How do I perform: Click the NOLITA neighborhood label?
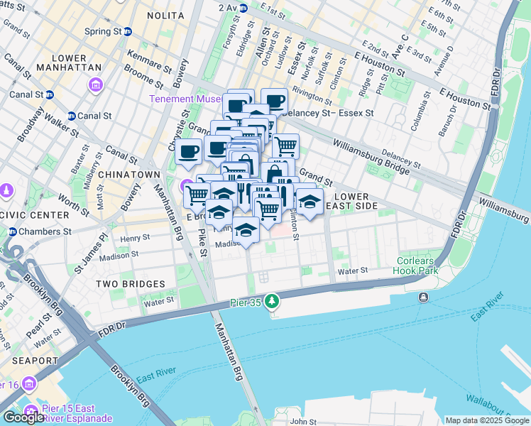[x=164, y=15]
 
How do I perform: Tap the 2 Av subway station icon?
[x=243, y=9]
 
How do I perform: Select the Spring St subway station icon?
[x=128, y=31]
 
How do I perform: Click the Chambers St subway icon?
[x=12, y=231]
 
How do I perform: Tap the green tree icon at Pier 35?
[x=271, y=303]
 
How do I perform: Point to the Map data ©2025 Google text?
[x=487, y=420]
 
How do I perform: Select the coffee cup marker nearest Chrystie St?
[x=189, y=151]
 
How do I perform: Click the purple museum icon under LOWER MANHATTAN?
[x=96, y=85]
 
